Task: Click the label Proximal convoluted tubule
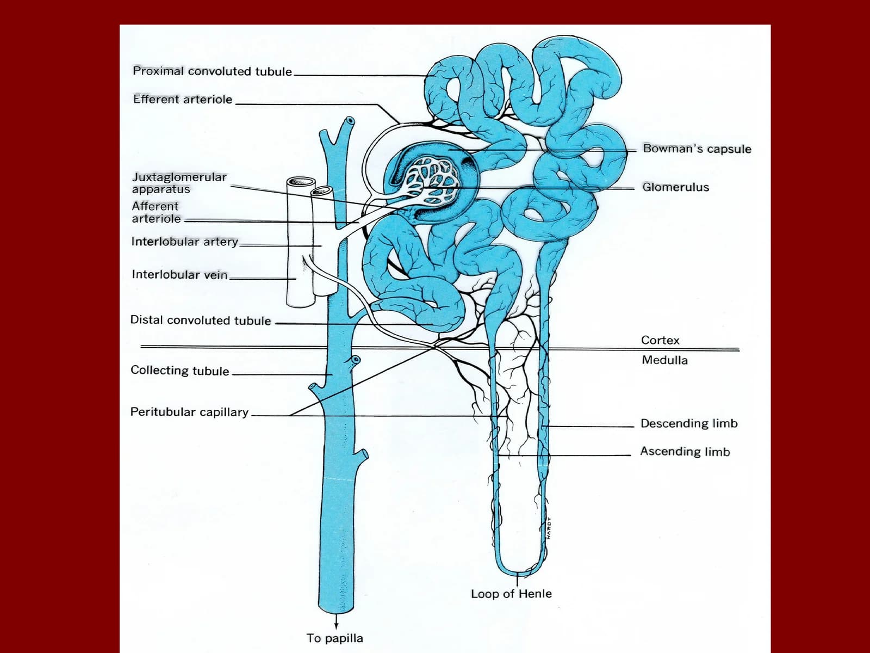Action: (212, 71)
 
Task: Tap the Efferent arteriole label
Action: (183, 99)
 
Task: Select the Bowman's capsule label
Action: (697, 149)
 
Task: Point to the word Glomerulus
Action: (675, 187)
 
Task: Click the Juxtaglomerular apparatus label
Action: (179, 183)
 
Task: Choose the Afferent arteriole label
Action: (156, 212)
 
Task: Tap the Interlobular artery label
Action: (185, 242)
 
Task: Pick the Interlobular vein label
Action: (179, 274)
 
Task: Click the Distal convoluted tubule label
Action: (201, 320)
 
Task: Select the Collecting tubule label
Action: (180, 371)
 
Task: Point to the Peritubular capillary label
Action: (189, 412)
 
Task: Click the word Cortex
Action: (660, 340)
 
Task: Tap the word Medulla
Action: (664, 360)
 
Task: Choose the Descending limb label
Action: (689, 423)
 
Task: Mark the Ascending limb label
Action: (685, 452)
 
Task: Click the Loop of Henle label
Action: (511, 594)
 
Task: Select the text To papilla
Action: (334, 638)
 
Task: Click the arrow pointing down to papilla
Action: (337, 621)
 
